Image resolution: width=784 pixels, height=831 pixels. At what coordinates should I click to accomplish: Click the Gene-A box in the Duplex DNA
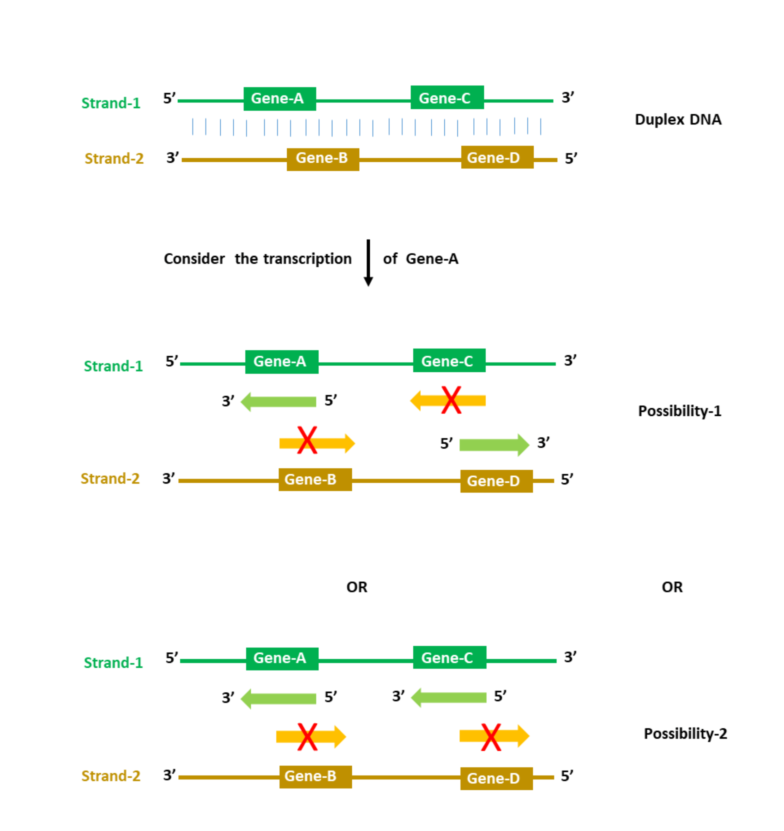[280, 99]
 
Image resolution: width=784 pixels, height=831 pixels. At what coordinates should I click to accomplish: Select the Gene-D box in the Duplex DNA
[497, 158]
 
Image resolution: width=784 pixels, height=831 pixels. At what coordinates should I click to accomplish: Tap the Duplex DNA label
[678, 120]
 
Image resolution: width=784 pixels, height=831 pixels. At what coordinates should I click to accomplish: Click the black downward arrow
[368, 262]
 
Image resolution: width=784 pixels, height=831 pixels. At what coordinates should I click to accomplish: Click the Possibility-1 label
[679, 411]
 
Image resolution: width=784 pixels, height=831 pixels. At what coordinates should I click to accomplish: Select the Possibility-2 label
[685, 733]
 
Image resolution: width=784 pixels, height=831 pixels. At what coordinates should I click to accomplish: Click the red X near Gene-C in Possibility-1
[451, 400]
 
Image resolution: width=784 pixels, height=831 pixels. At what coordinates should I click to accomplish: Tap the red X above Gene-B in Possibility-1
[307, 440]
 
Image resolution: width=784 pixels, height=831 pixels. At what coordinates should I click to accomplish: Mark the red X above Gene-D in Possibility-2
[491, 737]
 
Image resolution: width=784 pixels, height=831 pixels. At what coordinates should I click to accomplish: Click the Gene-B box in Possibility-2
[315, 776]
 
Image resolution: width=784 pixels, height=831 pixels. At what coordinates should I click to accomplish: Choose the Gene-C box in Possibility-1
[449, 361]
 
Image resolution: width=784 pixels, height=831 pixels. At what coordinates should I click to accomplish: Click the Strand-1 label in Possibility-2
[113, 663]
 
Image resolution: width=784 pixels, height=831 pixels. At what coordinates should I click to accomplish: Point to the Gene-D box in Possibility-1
[496, 481]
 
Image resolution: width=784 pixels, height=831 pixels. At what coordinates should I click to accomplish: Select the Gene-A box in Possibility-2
[282, 658]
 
